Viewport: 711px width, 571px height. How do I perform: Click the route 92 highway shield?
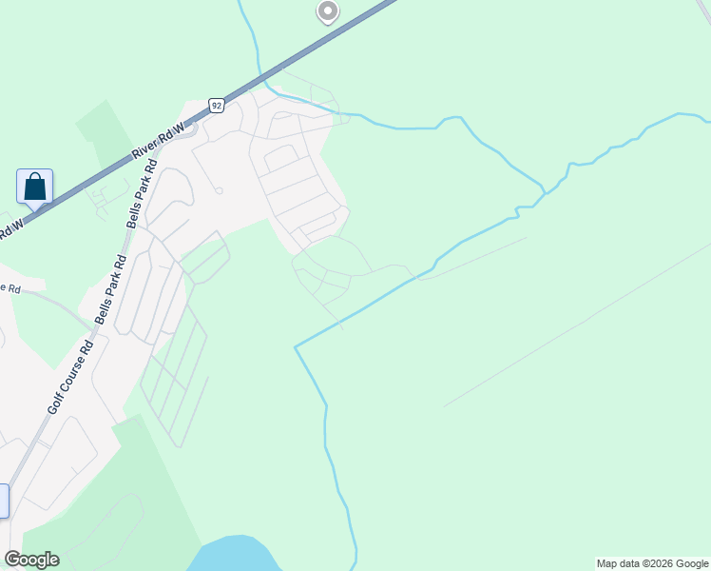217,106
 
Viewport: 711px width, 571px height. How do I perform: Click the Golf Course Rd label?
69,376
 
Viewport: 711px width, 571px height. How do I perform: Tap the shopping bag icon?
35,187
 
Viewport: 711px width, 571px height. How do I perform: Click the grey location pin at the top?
327,11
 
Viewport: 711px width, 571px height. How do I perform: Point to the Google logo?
31,560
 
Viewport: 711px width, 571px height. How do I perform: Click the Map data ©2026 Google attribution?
653,563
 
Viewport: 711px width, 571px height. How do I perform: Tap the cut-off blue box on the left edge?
3,501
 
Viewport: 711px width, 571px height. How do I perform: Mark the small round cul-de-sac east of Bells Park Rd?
219,190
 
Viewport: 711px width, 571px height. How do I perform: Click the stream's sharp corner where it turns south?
296,347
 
